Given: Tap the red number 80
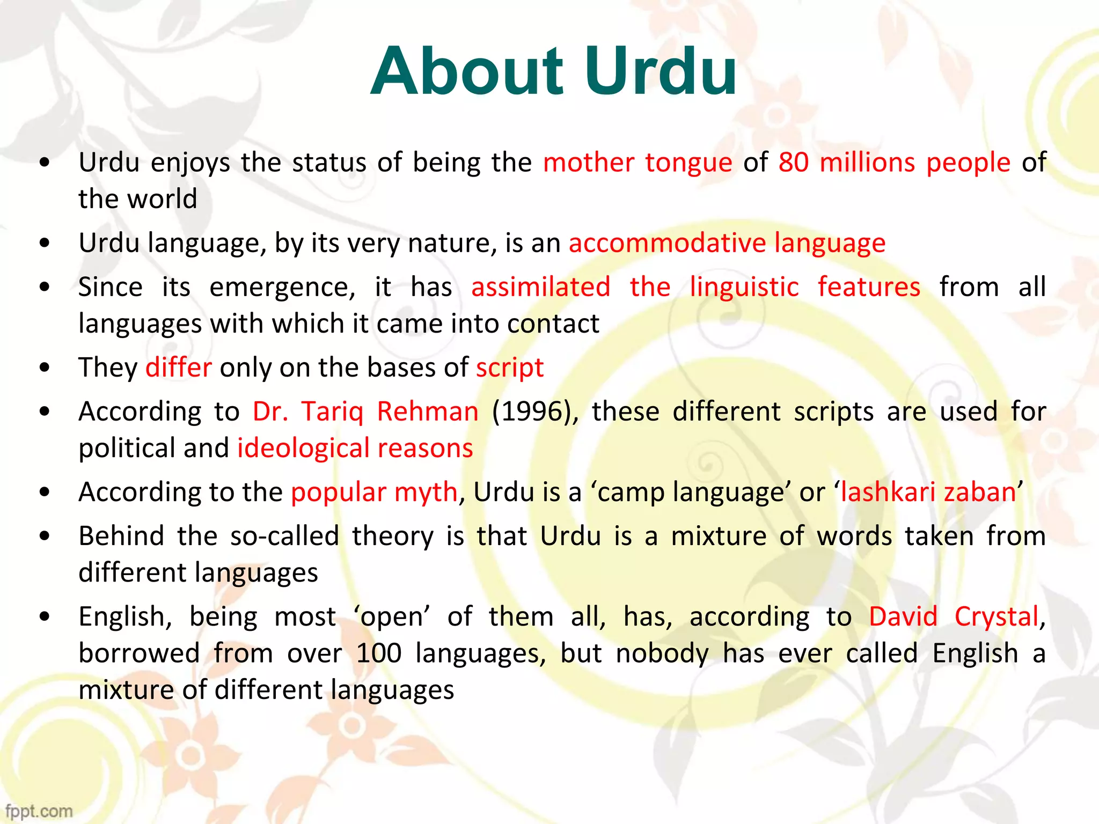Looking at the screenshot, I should click(x=794, y=162).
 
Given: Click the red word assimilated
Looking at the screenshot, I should click(x=541, y=287).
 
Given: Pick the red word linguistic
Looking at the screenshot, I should click(x=744, y=287).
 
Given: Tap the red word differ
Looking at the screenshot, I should click(x=179, y=367).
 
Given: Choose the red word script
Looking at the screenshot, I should click(x=510, y=369).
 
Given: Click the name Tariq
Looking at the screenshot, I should click(x=332, y=412).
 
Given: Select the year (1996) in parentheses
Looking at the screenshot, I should click(x=534, y=412).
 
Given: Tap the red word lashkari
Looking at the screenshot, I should click(x=888, y=492).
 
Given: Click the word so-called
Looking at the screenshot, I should click(x=284, y=536).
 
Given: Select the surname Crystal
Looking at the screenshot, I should click(x=997, y=617).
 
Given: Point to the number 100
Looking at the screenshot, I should click(x=379, y=653).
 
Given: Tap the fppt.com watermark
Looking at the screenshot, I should click(x=39, y=811).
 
